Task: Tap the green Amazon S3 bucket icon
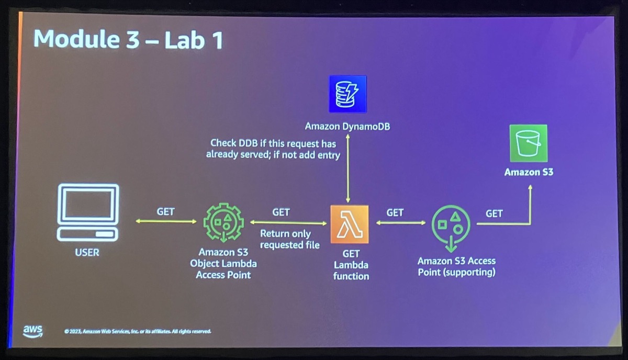click(x=528, y=143)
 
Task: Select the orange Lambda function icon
click(x=350, y=224)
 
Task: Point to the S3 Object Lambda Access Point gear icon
click(x=223, y=222)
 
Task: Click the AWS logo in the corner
click(x=32, y=331)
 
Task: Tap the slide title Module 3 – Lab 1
click(x=128, y=40)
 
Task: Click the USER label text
click(x=87, y=253)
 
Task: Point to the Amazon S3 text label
click(x=528, y=172)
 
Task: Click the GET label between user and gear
click(x=165, y=212)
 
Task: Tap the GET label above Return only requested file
click(x=281, y=212)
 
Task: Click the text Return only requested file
click(x=289, y=239)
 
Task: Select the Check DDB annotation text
click(x=273, y=149)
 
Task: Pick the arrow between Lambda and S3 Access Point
click(x=401, y=223)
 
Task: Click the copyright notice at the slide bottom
click(x=137, y=331)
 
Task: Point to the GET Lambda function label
click(x=351, y=265)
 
